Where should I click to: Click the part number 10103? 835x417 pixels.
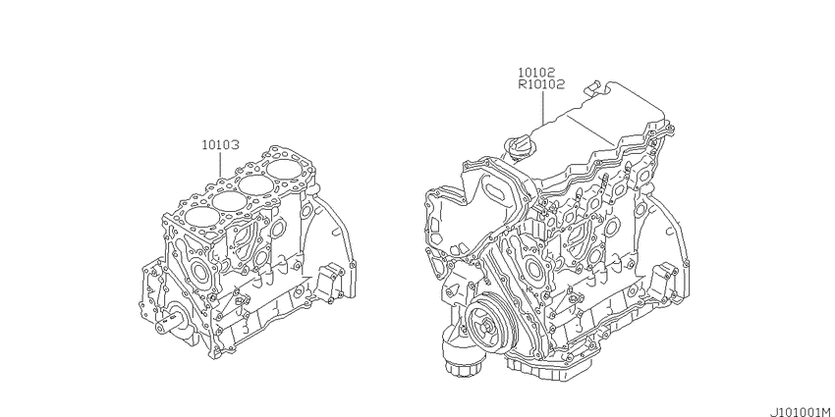pos(220,144)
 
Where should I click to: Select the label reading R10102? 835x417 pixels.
pos(541,84)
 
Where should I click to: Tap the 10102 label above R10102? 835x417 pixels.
pos(536,73)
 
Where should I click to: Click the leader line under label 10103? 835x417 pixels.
pos(220,165)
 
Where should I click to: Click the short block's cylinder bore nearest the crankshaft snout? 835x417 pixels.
pos(197,217)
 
